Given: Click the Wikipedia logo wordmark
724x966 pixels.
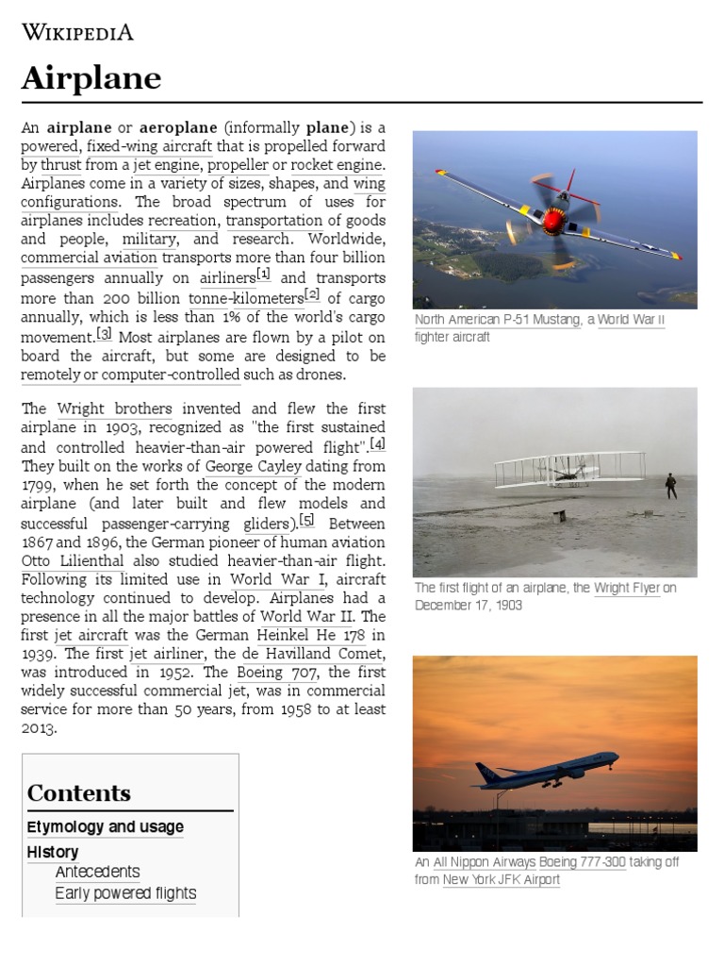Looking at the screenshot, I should point(77,33).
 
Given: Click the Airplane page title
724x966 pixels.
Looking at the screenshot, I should point(91,79).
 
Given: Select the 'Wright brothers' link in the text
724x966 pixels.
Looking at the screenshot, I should point(114,409).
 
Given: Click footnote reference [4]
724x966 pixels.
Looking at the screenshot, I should point(378,443).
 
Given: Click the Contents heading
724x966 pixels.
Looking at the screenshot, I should point(79,792).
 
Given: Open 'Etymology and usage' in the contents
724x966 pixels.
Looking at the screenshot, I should point(106,827).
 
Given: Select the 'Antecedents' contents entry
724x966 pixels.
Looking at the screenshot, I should point(97,872).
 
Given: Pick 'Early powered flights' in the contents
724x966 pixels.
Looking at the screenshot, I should point(125,893).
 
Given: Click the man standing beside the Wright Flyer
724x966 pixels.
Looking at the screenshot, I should point(670,485).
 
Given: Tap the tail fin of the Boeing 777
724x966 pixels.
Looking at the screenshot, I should point(485,773).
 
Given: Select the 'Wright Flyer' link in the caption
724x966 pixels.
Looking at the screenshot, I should point(626,588).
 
